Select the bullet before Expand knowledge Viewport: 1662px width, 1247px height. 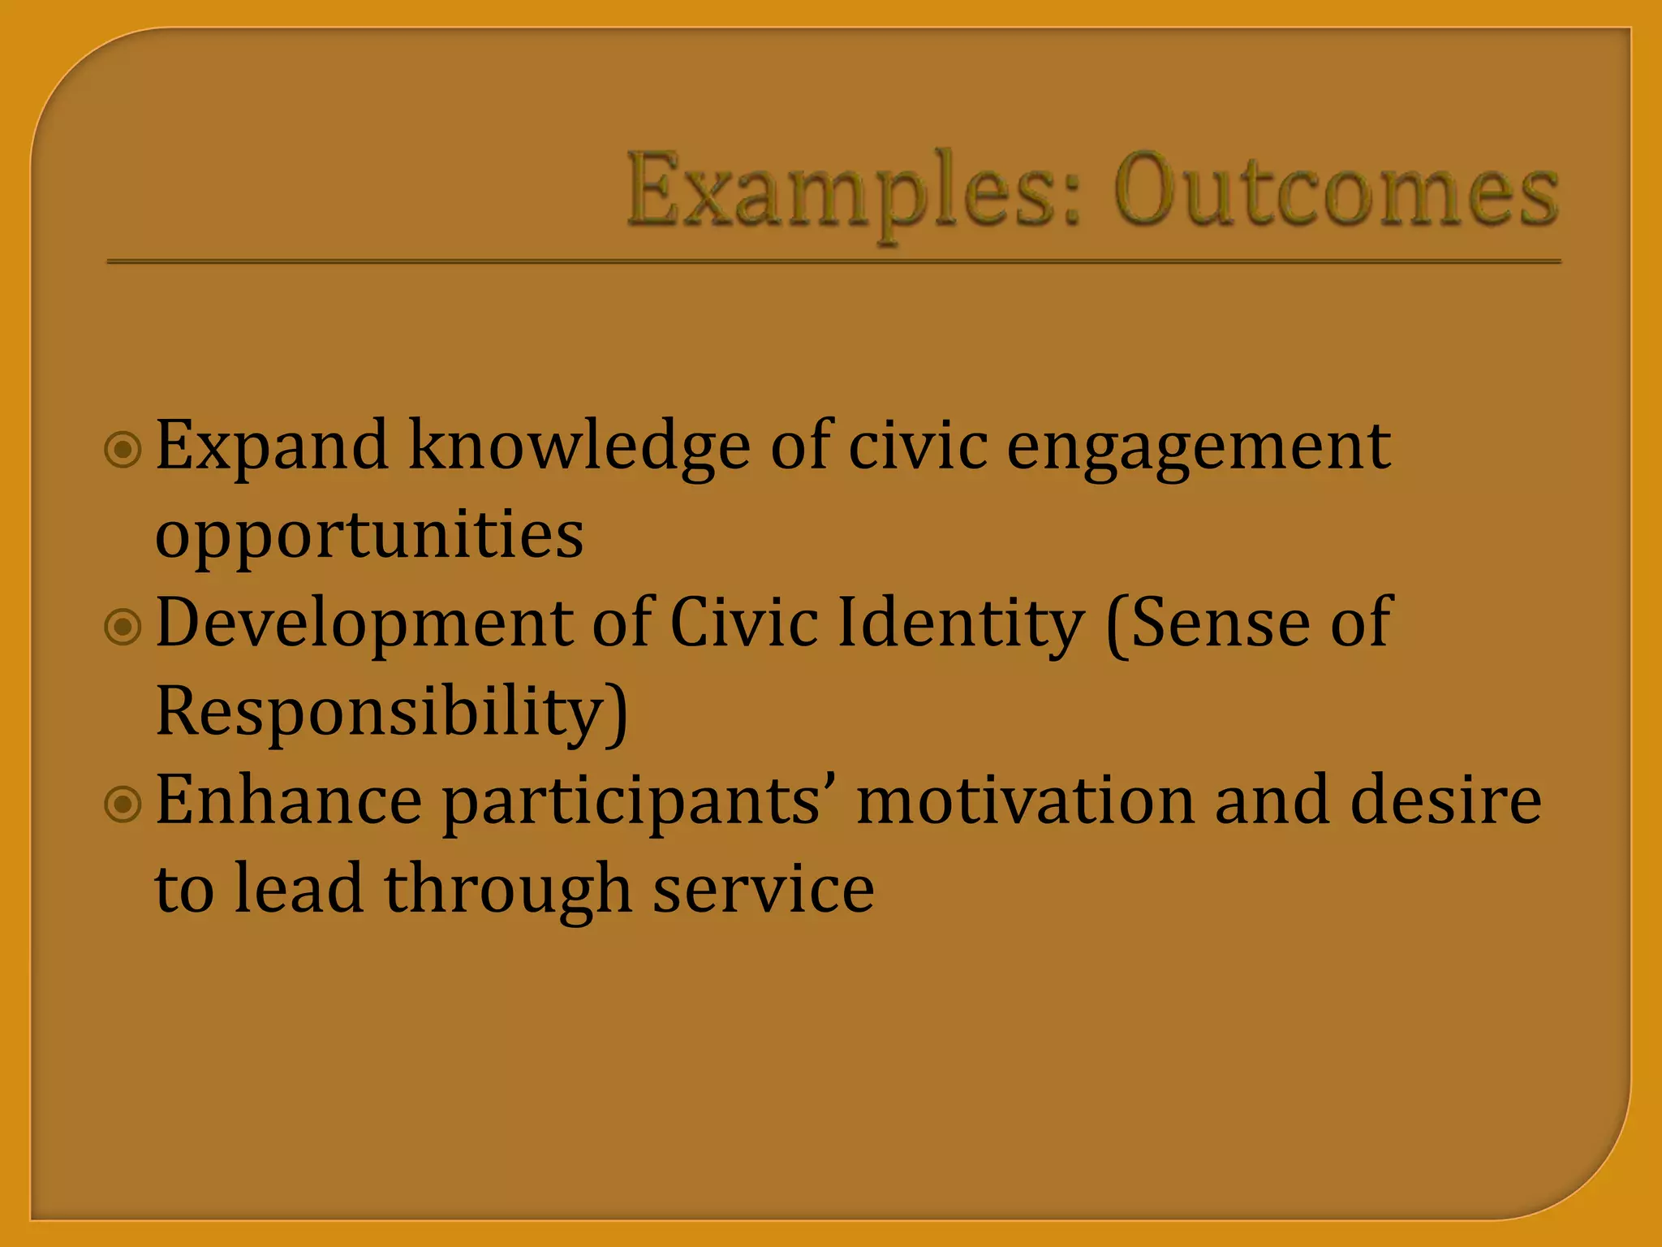(123, 449)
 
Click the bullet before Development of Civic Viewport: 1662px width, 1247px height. (123, 626)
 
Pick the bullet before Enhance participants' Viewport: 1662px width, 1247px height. (123, 804)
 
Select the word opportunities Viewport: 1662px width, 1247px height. (369, 536)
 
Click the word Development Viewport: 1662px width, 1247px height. (364, 623)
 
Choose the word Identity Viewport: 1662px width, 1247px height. (961, 623)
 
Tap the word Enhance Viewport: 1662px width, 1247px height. (288, 800)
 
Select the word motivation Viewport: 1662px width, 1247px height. (1026, 800)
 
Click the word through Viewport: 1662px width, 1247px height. (508, 890)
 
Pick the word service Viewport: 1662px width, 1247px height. (764, 890)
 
